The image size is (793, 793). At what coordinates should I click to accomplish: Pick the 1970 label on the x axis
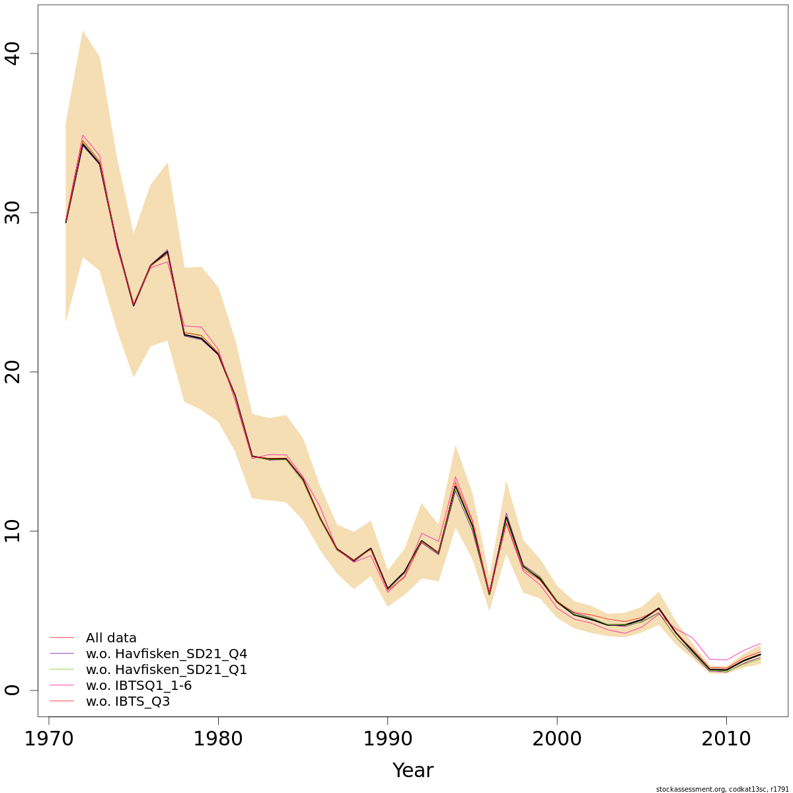click(48, 739)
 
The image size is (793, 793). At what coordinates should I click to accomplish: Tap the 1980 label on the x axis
click(218, 739)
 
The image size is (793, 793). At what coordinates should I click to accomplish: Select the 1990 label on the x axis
click(388, 739)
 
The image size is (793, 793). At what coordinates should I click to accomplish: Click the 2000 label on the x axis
click(557, 739)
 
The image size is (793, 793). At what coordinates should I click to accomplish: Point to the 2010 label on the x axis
click(727, 739)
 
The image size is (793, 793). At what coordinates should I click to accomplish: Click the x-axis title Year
click(413, 771)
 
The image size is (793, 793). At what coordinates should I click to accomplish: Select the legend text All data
click(111, 638)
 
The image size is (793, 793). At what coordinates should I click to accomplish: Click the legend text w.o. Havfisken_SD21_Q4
click(167, 654)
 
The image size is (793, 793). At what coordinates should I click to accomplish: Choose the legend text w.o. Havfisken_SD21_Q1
click(167, 670)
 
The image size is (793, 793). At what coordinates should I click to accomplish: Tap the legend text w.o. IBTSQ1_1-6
click(139, 686)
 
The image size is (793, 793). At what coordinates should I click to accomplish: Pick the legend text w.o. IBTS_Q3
click(128, 702)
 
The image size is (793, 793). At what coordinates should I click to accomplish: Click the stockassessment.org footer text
click(722, 789)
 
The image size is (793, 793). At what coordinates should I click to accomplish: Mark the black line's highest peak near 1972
click(83, 143)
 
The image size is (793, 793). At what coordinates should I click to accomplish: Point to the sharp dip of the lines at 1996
click(490, 594)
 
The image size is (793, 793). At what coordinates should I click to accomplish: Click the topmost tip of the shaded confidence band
click(83, 30)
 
